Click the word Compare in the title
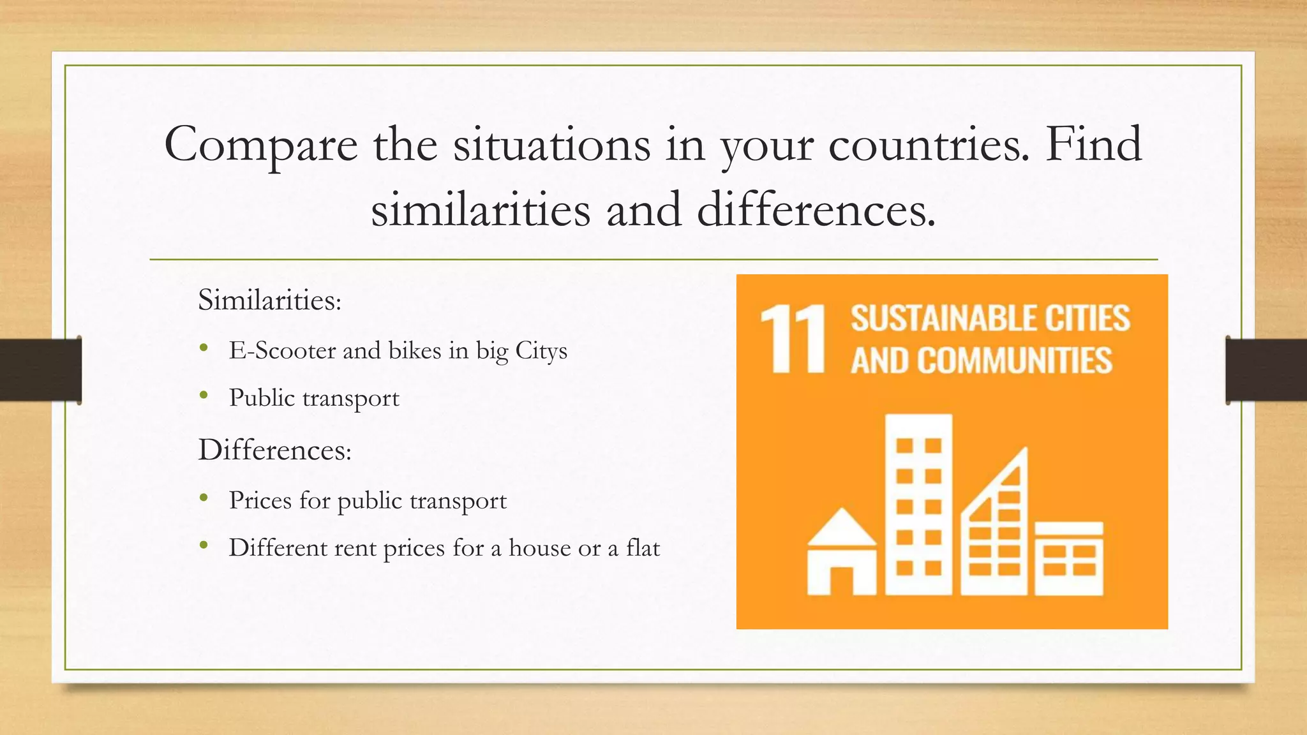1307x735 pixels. [260, 145]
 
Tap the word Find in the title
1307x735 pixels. [1093, 144]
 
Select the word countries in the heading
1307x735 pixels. [929, 145]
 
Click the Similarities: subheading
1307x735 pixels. [269, 300]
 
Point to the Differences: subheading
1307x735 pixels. [274, 450]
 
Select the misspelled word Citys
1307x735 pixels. [541, 351]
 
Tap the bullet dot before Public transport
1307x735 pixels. [204, 396]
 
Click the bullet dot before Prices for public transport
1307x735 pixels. [204, 498]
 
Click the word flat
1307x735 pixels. [643, 547]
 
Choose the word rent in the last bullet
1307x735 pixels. [355, 547]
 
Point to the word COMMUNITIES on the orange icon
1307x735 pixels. [1015, 360]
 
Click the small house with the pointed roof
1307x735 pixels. [841, 553]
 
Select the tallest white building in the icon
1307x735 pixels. [918, 504]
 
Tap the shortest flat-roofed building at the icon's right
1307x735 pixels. [1068, 558]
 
